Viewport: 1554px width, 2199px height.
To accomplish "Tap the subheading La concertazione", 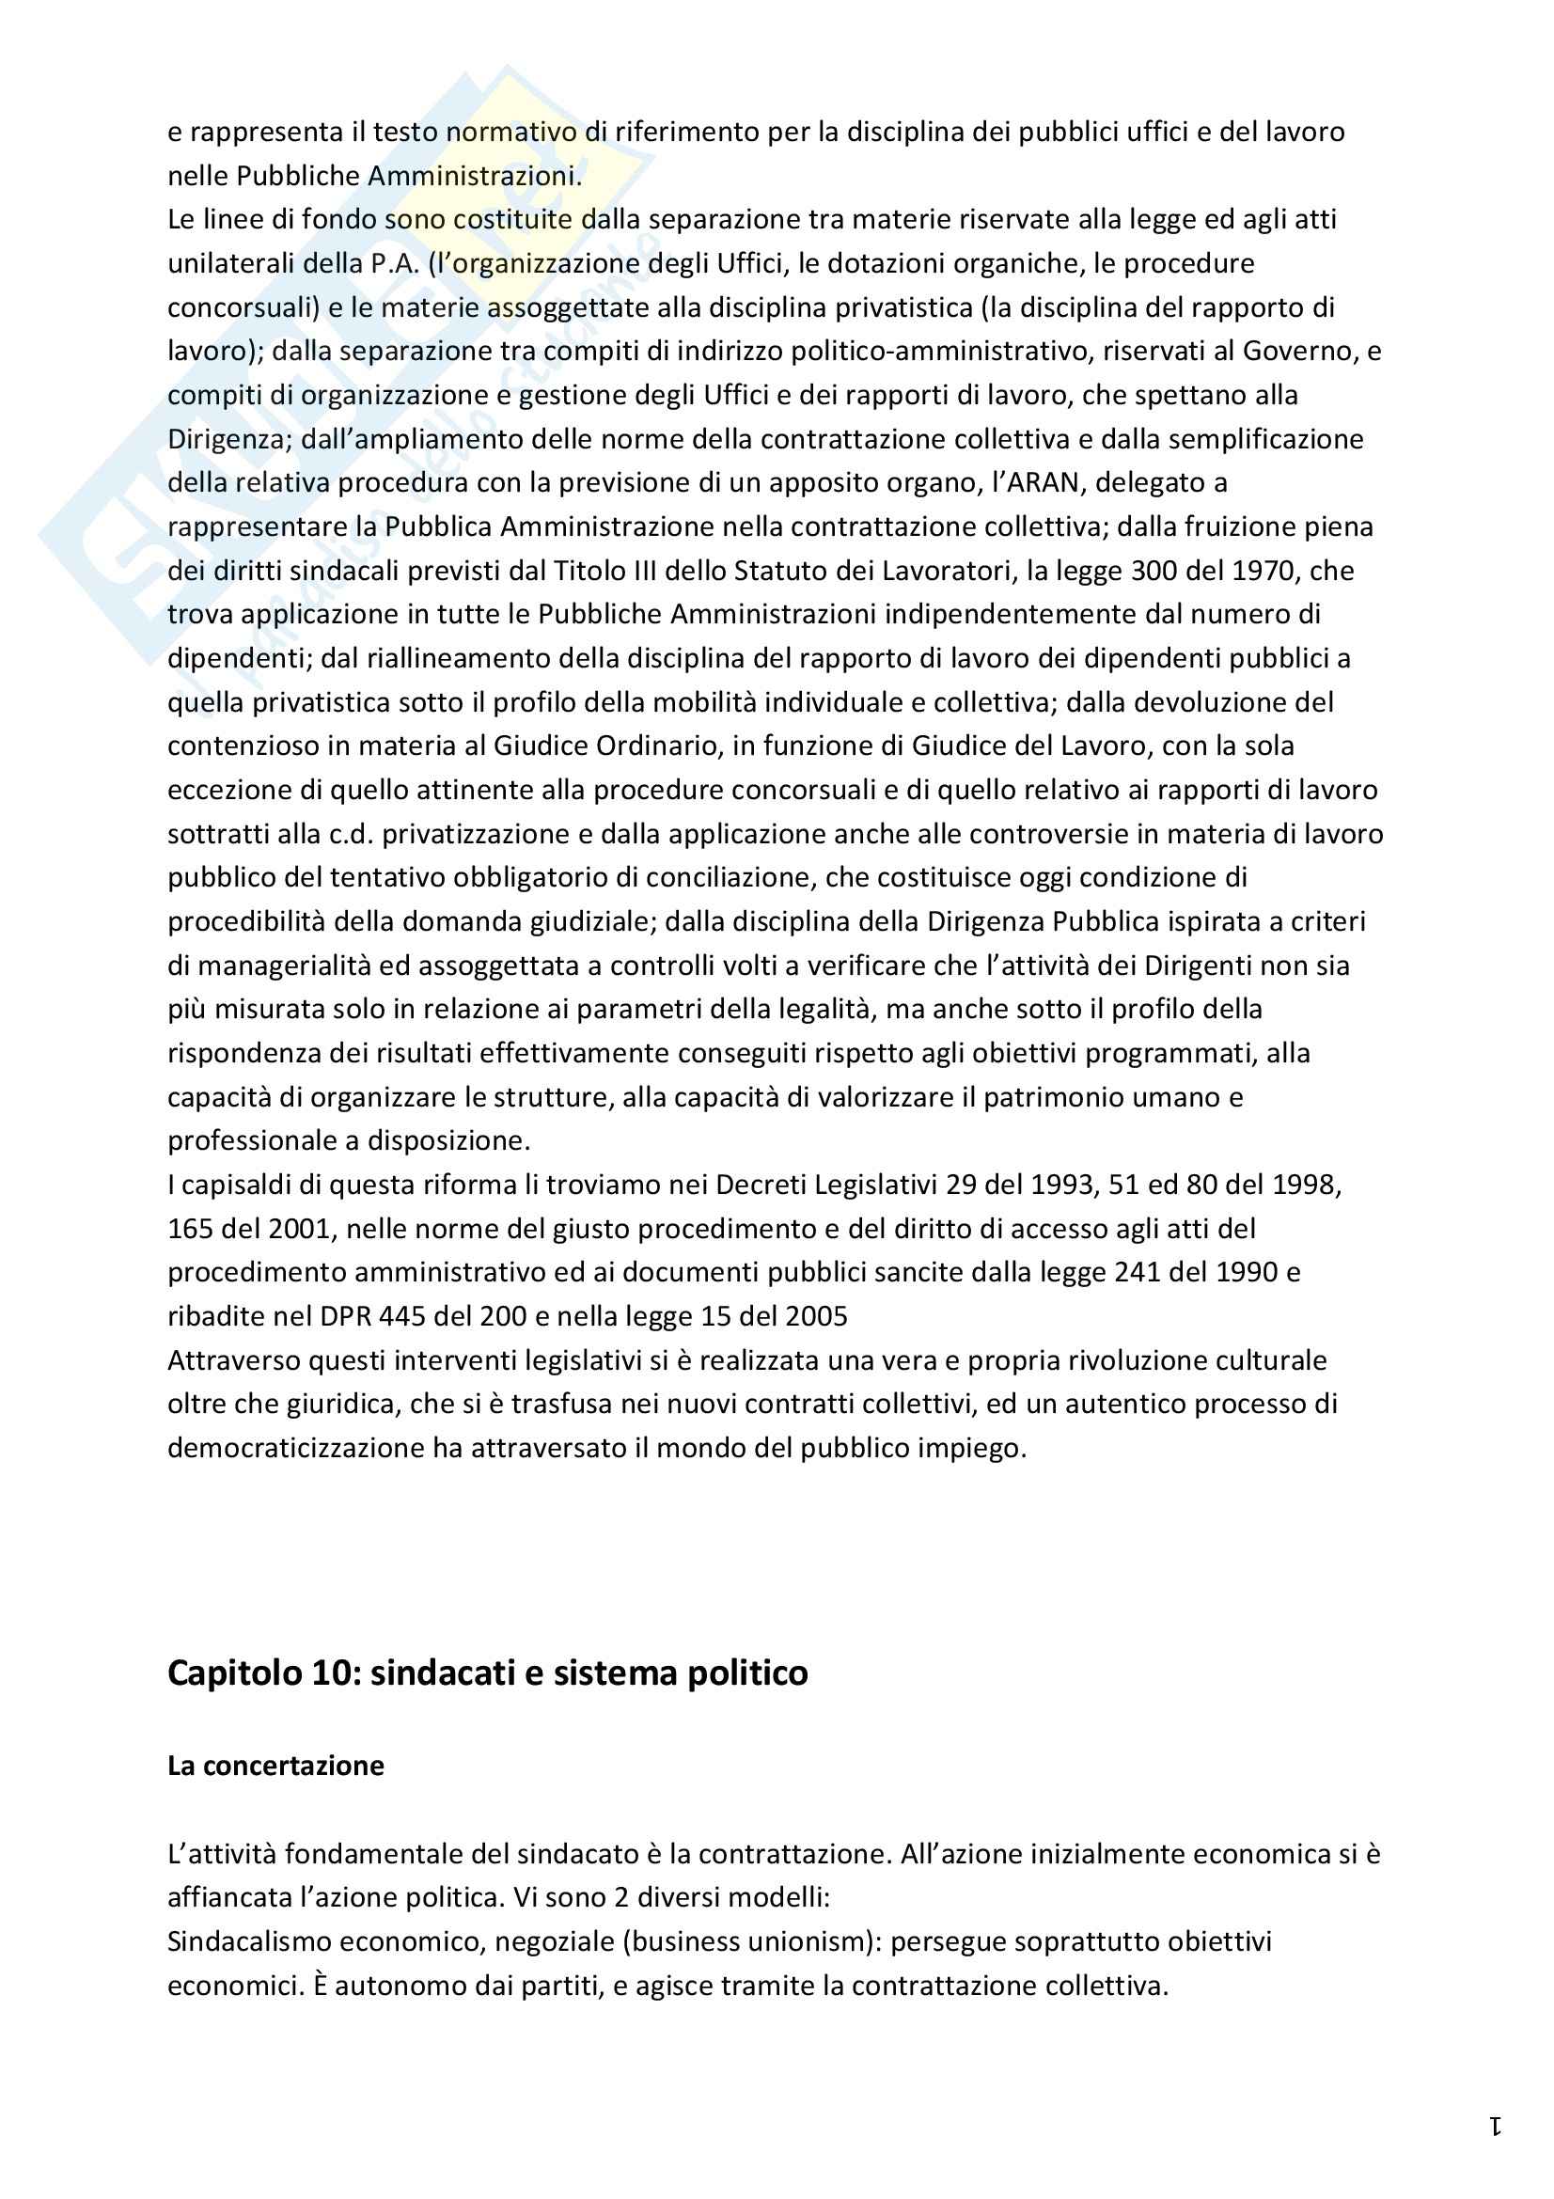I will point(275,1767).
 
